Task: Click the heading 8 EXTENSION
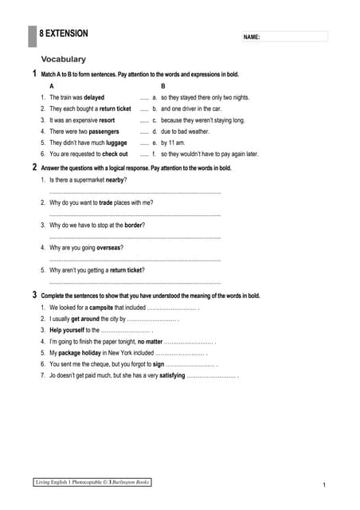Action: pos(64,33)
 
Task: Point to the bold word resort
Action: pos(112,120)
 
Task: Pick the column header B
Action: pos(163,85)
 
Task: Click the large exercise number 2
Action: pos(34,167)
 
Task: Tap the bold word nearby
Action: pos(112,180)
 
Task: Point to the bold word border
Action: pos(135,225)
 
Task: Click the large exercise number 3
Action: pos(34,295)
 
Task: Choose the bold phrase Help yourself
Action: pos(67,329)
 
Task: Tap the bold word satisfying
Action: pos(172,375)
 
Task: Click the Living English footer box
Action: pos(92,482)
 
